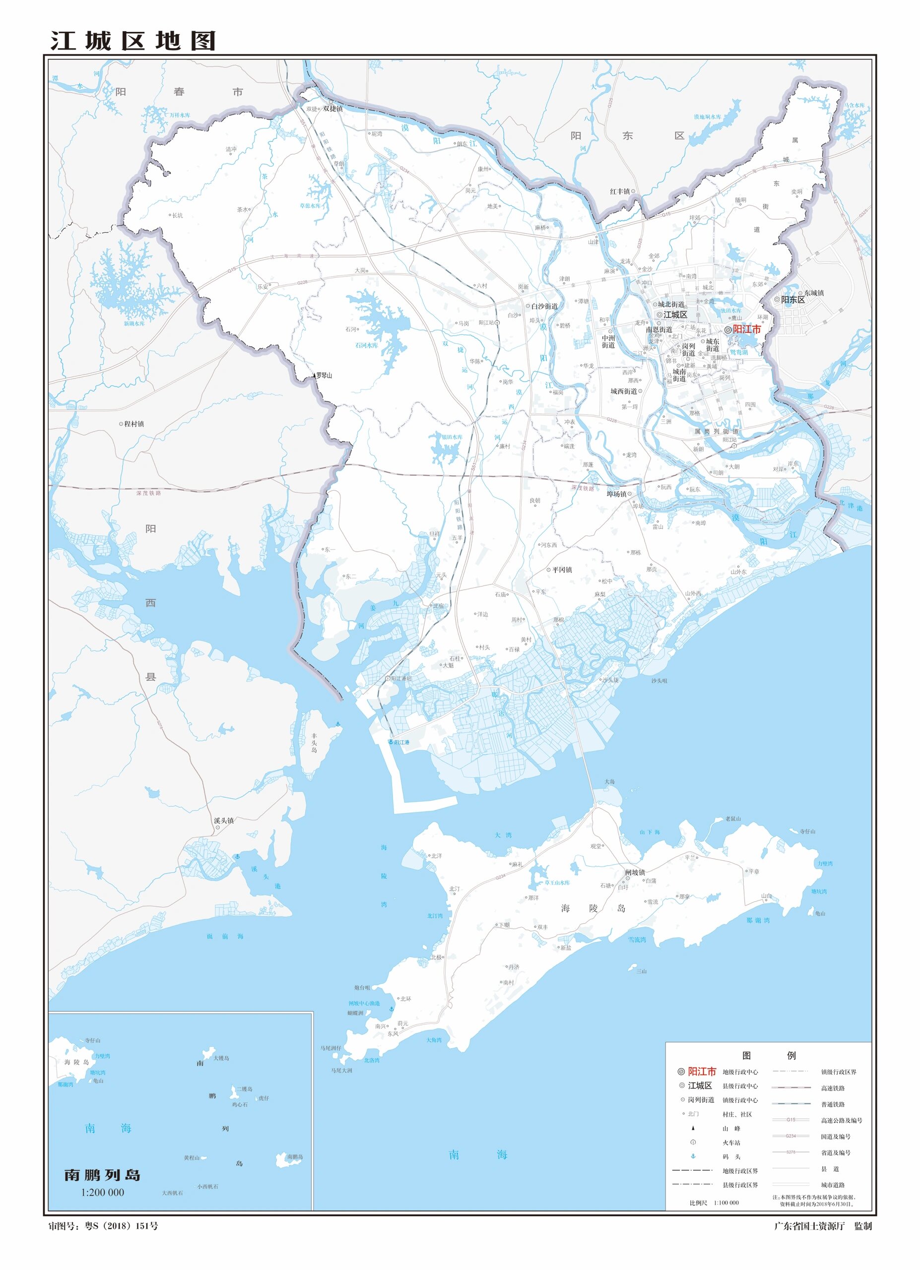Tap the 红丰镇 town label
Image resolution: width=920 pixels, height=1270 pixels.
click(620, 191)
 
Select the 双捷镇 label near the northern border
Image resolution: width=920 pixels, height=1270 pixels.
click(332, 109)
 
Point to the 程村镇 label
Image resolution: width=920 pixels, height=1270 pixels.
click(134, 424)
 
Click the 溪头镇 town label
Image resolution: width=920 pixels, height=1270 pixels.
click(224, 821)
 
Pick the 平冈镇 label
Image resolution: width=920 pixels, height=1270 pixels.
click(562, 570)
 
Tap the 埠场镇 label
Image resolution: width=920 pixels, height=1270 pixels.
click(616, 494)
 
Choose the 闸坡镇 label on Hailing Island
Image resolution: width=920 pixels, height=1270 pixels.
click(635, 873)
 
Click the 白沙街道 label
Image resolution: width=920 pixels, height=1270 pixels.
click(544, 306)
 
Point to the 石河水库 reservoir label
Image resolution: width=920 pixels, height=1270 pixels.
click(367, 345)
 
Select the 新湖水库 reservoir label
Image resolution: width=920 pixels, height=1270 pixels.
click(134, 323)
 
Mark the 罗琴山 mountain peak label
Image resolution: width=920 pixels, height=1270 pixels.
click(324, 376)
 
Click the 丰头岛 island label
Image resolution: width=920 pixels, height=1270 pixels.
click(314, 743)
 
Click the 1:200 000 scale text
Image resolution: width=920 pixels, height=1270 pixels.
click(103, 1193)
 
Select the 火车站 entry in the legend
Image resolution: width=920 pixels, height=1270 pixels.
click(731, 1143)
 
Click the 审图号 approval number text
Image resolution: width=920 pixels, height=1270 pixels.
click(103, 1226)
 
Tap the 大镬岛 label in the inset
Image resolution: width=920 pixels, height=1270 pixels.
click(221, 1058)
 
